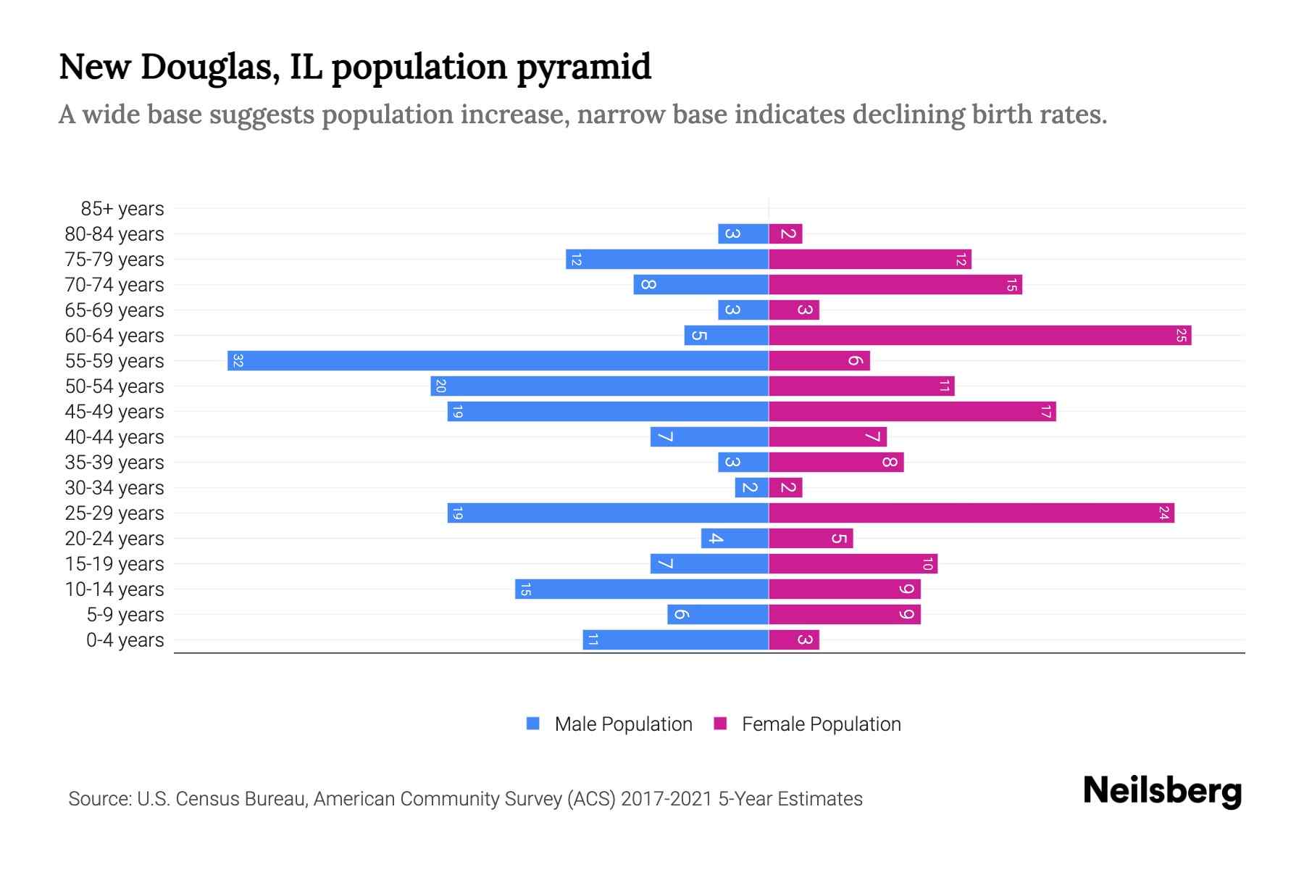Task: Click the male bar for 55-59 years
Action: pos(498,360)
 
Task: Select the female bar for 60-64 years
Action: pos(979,335)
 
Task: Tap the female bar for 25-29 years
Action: pos(971,513)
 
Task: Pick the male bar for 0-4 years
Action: pos(675,639)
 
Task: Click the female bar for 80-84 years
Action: pos(785,233)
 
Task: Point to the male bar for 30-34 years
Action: pos(751,487)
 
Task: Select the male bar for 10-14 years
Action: pos(641,589)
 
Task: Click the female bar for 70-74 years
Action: pos(895,284)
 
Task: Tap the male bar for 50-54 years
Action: pos(599,386)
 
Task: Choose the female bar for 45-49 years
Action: pos(912,411)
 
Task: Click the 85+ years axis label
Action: pos(122,209)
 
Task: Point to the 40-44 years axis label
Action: pos(114,437)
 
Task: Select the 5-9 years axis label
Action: pos(125,615)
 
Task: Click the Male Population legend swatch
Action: pos(533,724)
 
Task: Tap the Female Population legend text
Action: pos(821,724)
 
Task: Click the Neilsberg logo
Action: pos(1162,791)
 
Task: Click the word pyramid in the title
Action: pos(584,67)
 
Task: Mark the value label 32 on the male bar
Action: pos(238,360)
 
